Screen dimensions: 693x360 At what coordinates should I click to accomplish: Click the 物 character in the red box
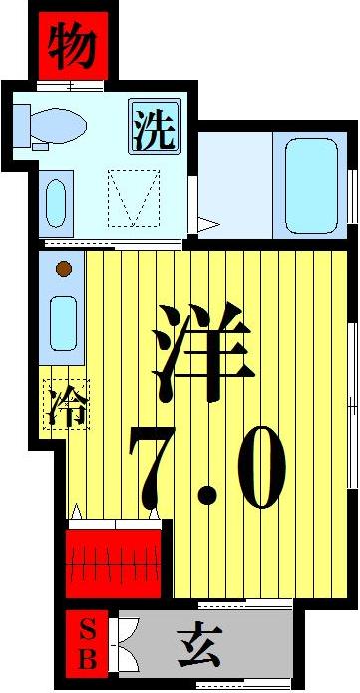click(73, 48)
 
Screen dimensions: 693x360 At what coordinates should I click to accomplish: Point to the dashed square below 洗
click(133, 196)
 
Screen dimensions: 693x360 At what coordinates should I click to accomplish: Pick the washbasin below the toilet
click(57, 202)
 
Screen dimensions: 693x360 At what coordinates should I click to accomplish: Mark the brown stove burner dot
click(63, 268)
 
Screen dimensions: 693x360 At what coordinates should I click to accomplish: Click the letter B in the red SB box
click(88, 659)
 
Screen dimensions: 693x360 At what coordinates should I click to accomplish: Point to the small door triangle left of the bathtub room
click(206, 224)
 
